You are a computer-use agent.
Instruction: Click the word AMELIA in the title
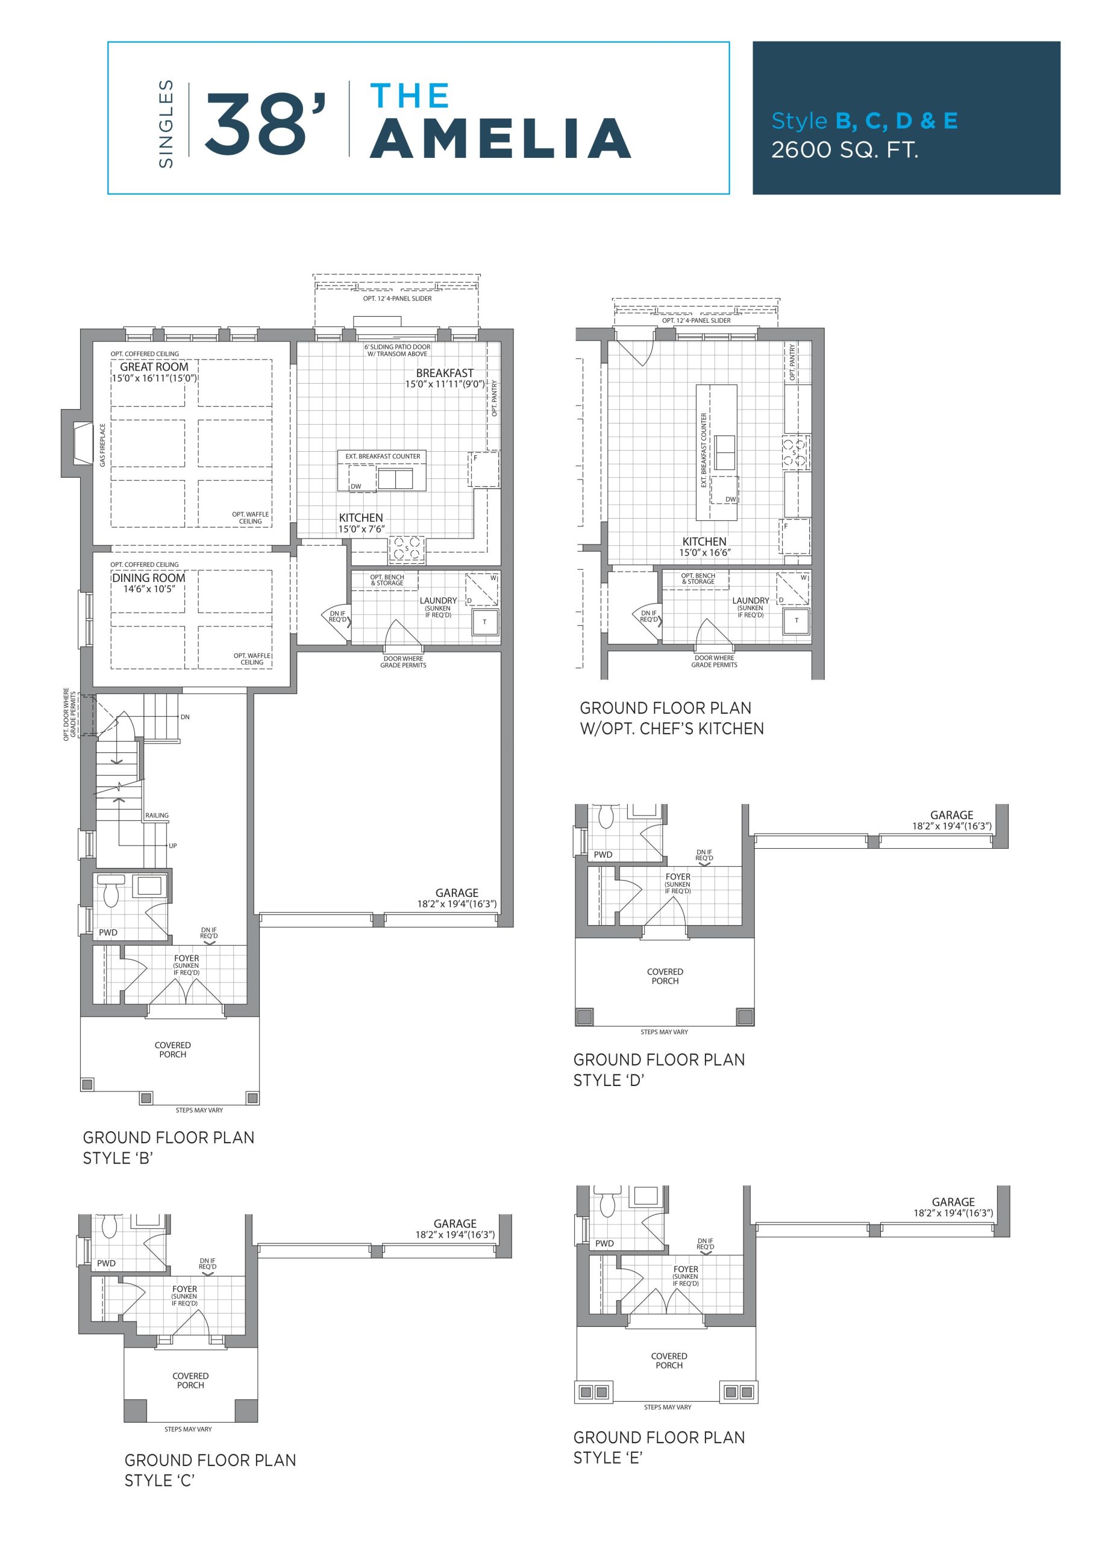[x=501, y=139]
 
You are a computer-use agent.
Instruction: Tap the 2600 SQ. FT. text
[x=845, y=149]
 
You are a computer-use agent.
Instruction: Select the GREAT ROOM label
[x=154, y=366]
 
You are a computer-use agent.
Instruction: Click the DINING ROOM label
[x=149, y=577]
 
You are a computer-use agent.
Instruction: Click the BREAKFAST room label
[x=445, y=372]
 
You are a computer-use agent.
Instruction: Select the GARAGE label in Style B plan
[x=457, y=893]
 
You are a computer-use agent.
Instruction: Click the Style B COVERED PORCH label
[x=172, y=1049]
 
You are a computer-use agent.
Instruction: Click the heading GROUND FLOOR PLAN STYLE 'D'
[x=659, y=1070]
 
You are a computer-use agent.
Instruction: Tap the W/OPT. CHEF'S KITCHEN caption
[x=672, y=729]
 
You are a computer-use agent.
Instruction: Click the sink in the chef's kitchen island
[x=724, y=452]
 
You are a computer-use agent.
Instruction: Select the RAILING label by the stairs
[x=157, y=816]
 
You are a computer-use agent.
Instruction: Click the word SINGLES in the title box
[x=166, y=124]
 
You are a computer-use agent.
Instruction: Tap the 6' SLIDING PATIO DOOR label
[x=397, y=347]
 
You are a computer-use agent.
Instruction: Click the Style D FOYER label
[x=678, y=876]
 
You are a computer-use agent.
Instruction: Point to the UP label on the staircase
[x=173, y=846]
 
